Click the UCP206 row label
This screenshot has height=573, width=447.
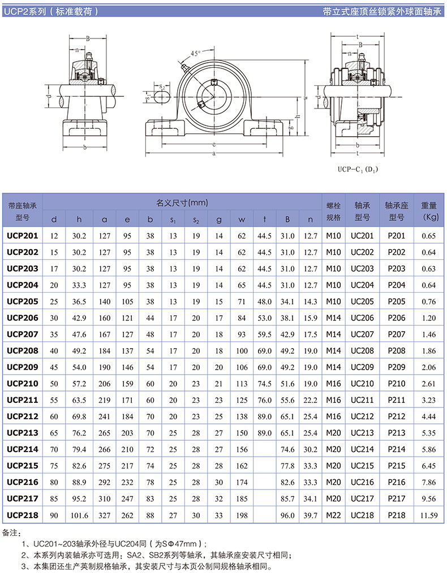(x=23, y=318)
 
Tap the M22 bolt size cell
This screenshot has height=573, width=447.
(x=334, y=515)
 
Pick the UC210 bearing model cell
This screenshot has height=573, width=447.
(x=363, y=384)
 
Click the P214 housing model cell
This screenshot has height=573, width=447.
(x=397, y=449)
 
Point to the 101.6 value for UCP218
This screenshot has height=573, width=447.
(x=79, y=515)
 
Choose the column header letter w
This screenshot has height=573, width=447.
(x=242, y=219)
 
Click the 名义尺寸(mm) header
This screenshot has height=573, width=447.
(x=183, y=202)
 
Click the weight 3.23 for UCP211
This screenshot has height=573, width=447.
(x=430, y=400)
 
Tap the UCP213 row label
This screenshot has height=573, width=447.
(x=23, y=433)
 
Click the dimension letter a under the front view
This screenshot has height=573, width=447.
(x=214, y=153)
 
